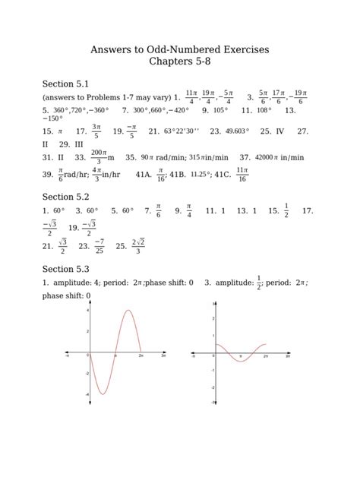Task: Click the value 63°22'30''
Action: pyautogui.click(x=181, y=131)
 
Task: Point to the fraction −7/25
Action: pyautogui.click(x=99, y=246)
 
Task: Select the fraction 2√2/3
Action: pyautogui.click(x=137, y=246)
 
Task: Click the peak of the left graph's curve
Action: pyautogui.click(x=128, y=311)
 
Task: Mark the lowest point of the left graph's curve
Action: pyautogui.click(x=102, y=394)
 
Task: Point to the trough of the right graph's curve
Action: pyautogui.click(x=241, y=362)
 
